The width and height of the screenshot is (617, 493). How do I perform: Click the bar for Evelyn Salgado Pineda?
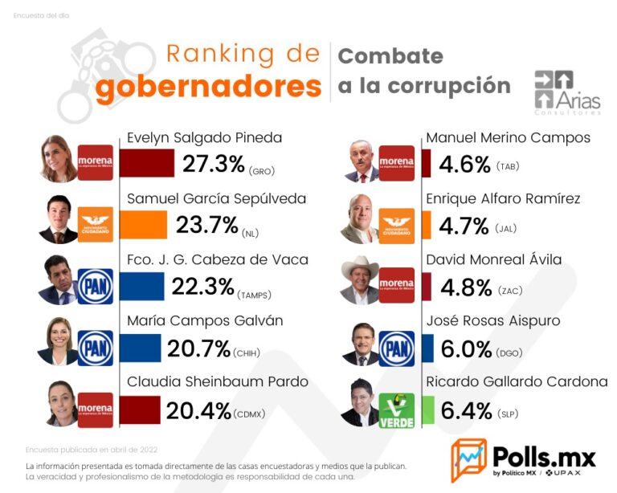(147, 163)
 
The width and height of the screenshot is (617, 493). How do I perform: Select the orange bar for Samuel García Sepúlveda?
(143, 225)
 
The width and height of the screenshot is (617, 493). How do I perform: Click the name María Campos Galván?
(204, 321)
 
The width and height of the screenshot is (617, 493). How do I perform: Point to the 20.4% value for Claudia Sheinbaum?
(198, 411)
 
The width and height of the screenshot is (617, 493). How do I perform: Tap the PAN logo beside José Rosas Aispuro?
(397, 348)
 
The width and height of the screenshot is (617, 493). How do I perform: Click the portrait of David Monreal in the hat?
(359, 283)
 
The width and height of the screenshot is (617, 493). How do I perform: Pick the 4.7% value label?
(464, 226)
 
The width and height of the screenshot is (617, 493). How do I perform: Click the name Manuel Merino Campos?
(508, 137)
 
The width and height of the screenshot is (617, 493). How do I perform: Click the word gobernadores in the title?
(207, 87)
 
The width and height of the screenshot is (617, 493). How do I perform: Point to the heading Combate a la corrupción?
(423, 71)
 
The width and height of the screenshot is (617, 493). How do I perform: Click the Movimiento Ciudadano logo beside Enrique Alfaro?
(397, 225)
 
